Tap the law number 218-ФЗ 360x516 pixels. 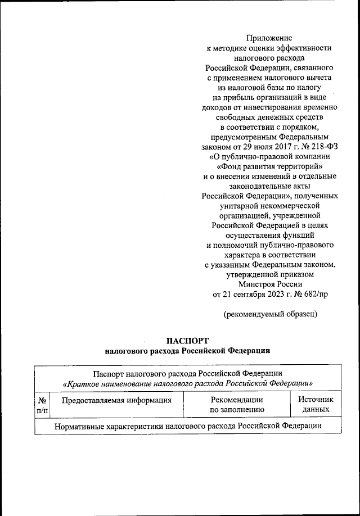[322, 146]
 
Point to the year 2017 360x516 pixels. [265, 146]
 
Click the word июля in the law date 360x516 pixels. [242, 146]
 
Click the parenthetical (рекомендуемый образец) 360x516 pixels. [270, 314]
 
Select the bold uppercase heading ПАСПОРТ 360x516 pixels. [187, 341]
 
